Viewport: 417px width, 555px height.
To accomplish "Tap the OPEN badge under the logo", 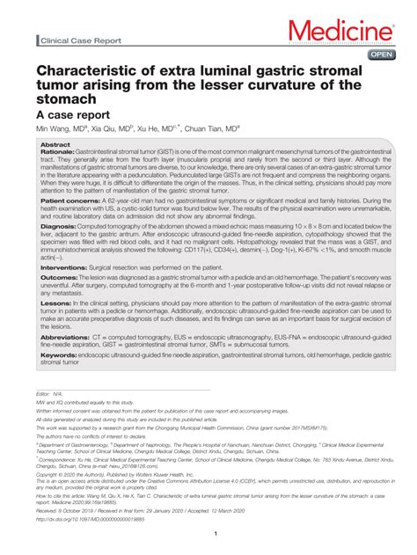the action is point(382,54).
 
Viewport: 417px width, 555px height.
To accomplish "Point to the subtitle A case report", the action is point(72,114).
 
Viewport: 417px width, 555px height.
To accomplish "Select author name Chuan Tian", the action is point(211,128).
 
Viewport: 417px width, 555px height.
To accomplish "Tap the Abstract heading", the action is point(55,144).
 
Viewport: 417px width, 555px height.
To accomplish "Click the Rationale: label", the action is point(58,151).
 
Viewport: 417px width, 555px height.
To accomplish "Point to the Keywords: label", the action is point(59,354).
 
